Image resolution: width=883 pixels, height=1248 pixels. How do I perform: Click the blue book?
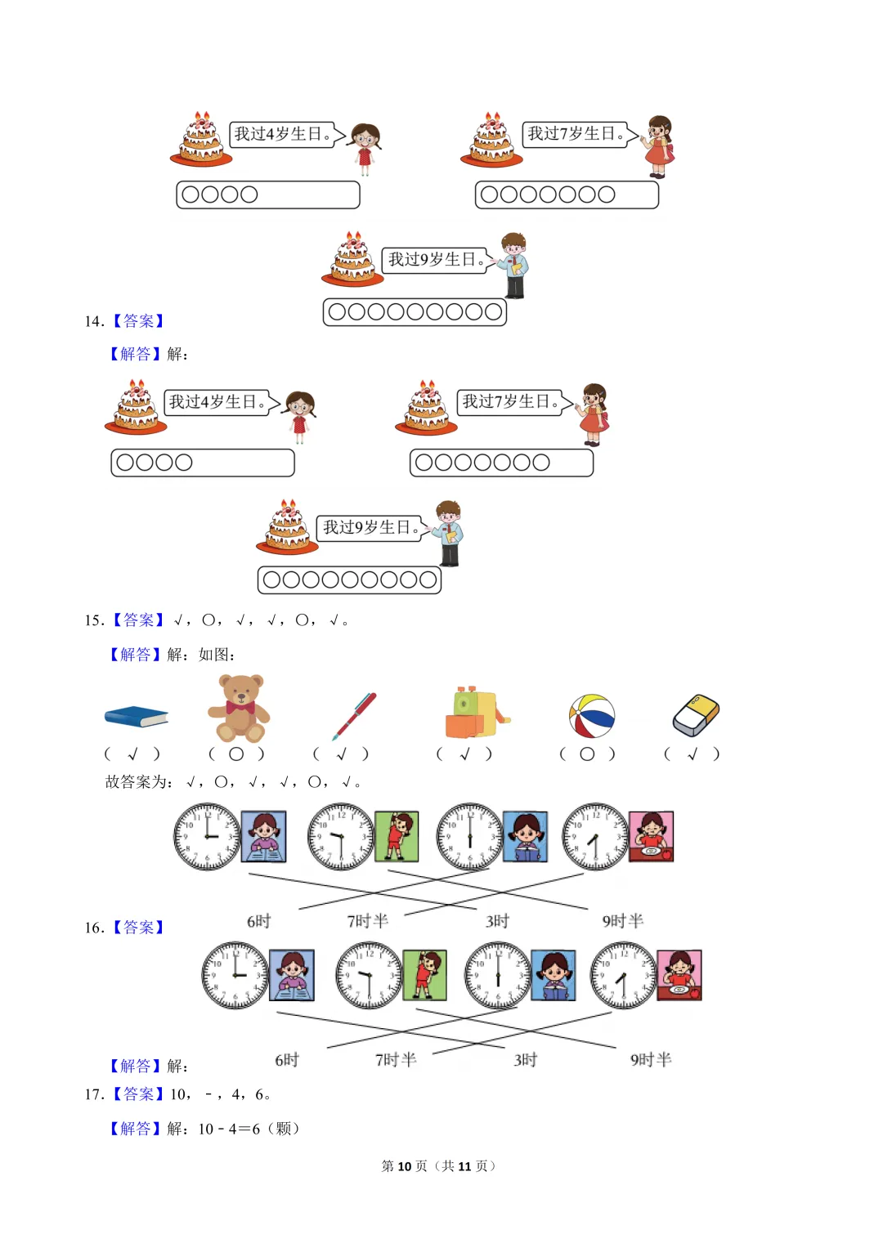point(136,717)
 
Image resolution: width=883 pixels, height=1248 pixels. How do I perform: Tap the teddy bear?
point(239,708)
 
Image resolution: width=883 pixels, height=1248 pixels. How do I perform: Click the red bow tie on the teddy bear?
point(240,707)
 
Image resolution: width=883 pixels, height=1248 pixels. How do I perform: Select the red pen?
point(354,716)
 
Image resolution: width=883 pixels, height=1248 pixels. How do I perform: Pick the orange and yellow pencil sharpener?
point(475,713)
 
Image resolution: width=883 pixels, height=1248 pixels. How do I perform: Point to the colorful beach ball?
point(592,716)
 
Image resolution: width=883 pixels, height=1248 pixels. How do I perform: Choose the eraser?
point(696,715)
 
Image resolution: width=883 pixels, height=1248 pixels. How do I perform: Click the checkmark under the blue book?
point(132,754)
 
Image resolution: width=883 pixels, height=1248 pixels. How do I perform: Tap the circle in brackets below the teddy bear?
point(236,754)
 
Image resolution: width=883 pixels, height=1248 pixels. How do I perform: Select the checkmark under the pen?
point(342,754)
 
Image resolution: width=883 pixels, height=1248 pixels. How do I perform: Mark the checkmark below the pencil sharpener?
point(464,754)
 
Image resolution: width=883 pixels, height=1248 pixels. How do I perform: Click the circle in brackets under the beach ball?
point(587,754)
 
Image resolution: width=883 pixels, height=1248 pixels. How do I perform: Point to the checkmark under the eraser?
point(692,754)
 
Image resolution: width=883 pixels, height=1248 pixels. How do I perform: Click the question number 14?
point(94,321)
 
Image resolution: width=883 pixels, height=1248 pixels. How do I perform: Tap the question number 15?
point(94,620)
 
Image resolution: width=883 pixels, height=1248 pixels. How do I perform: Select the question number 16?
point(94,928)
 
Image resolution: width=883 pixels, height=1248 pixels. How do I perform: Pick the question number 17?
point(94,1094)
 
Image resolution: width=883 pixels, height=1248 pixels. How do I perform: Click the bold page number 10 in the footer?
point(404,1166)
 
